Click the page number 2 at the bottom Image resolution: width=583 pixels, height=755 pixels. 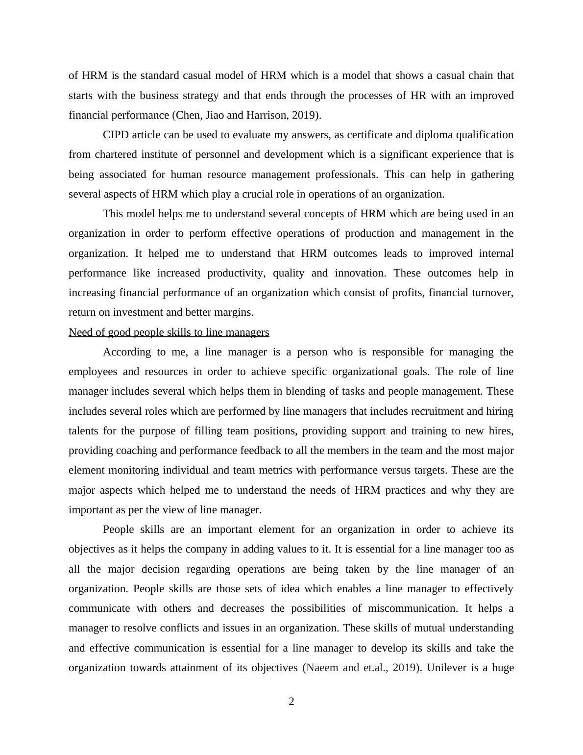[291, 702]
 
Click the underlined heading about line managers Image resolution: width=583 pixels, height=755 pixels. [169, 332]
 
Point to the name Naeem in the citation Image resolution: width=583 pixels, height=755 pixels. [322, 668]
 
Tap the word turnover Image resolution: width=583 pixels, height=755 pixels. [493, 293]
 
